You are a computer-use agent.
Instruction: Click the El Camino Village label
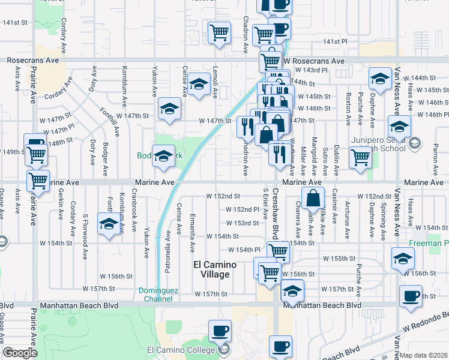tap(215, 269)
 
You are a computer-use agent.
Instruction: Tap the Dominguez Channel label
tap(158, 294)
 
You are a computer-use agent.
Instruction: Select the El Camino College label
tap(180, 350)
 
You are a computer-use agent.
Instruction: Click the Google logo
tap(19, 353)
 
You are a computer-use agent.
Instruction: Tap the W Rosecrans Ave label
tap(314, 61)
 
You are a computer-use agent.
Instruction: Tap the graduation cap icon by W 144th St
tap(379, 80)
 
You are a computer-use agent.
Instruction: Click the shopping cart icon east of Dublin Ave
tap(361, 158)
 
